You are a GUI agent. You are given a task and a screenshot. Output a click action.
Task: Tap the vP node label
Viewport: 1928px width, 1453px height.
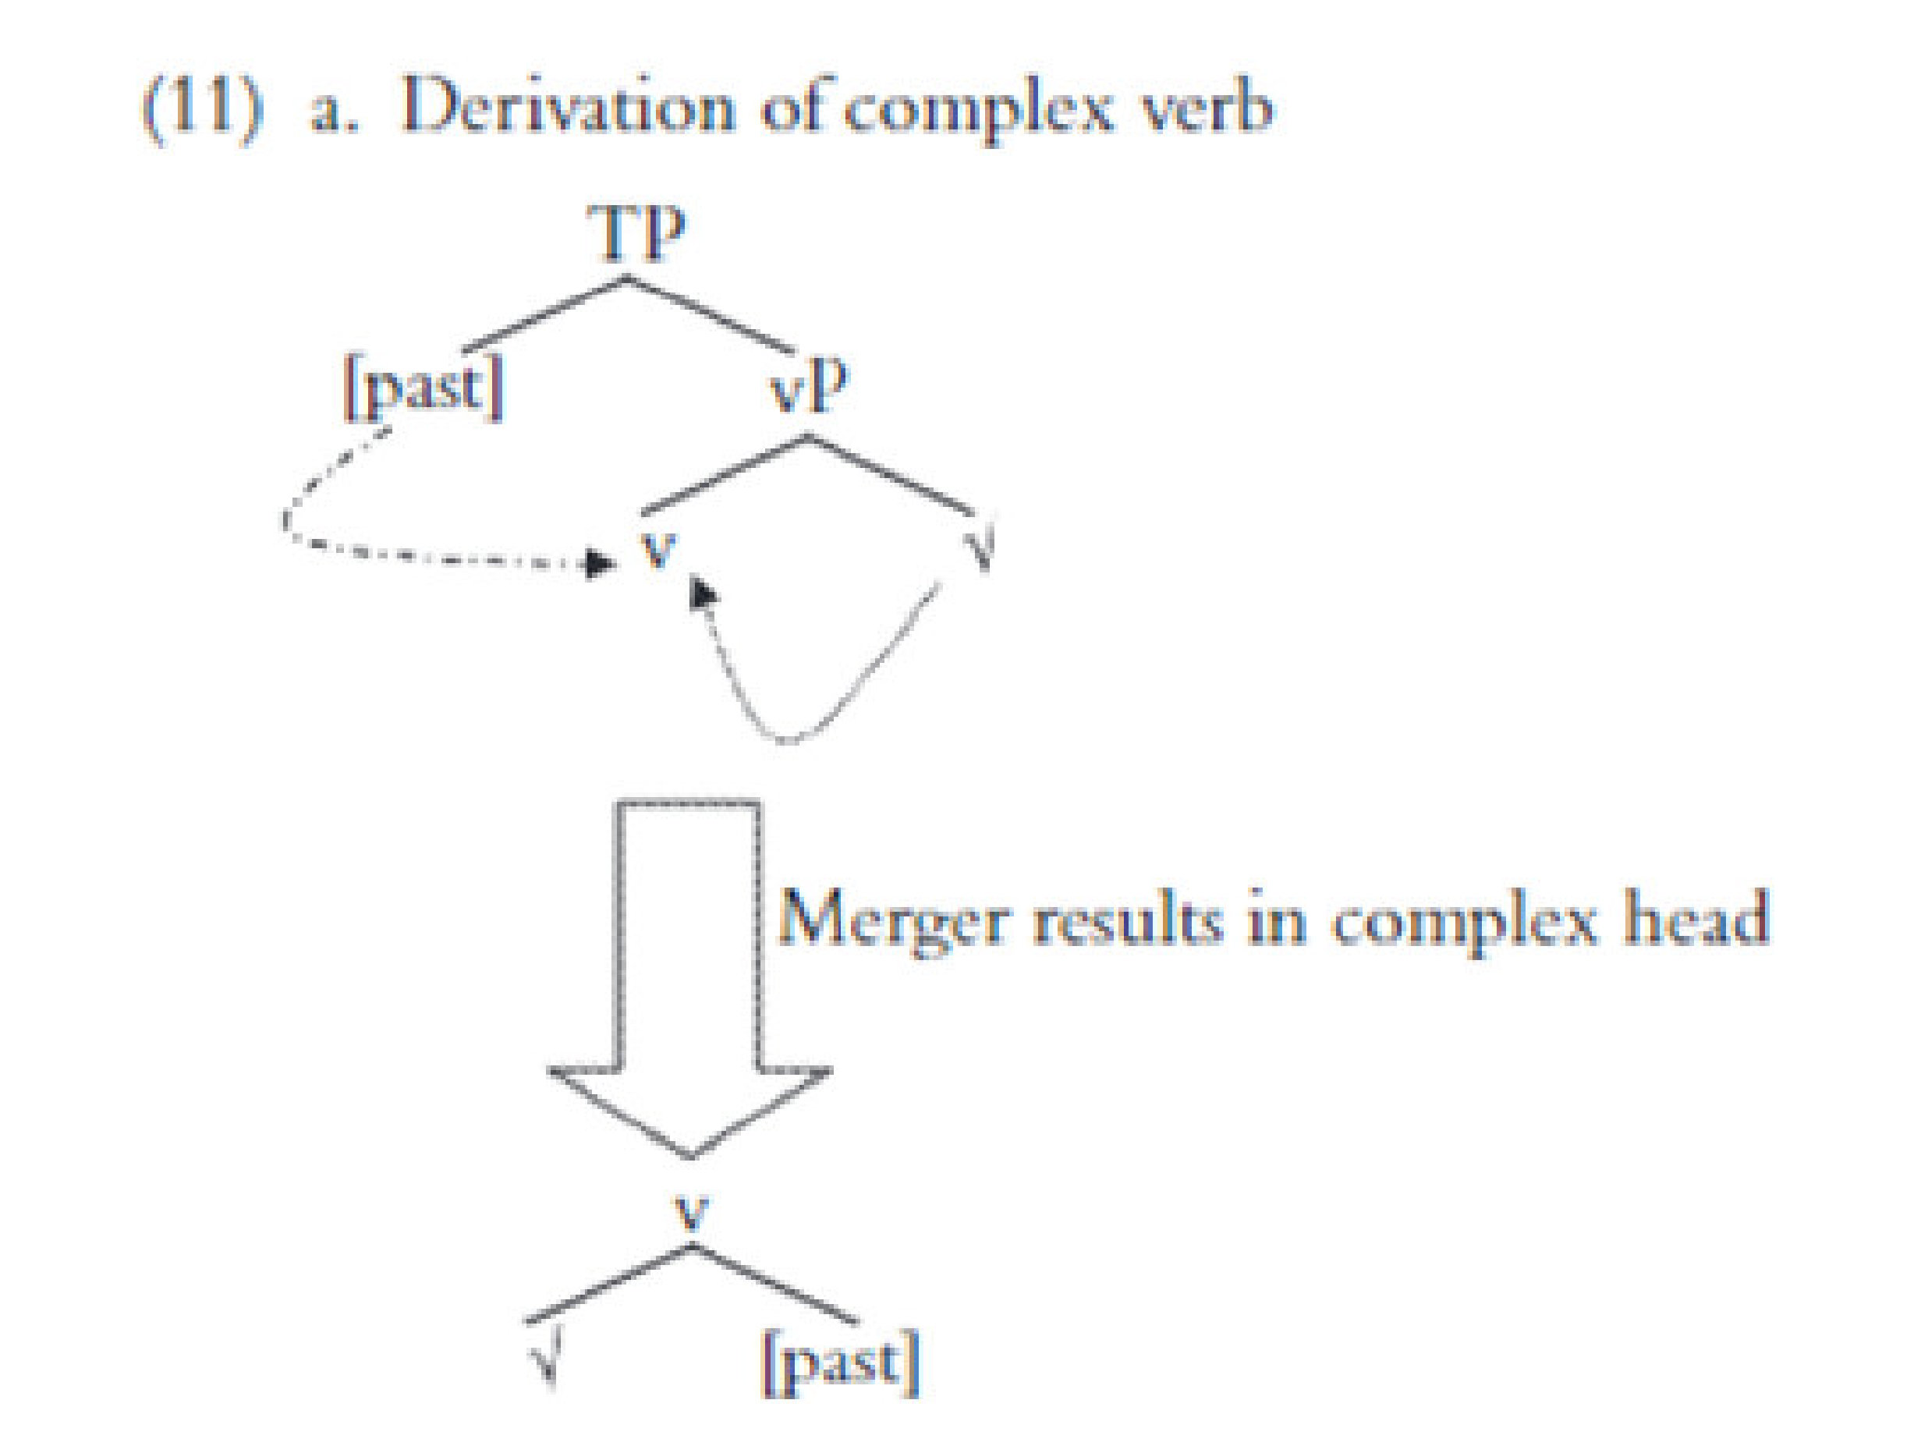tap(809, 388)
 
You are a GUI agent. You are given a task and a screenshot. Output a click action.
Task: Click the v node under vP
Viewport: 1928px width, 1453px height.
tap(658, 548)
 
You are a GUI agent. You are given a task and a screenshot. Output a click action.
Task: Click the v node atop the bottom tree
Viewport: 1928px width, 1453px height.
tap(692, 1211)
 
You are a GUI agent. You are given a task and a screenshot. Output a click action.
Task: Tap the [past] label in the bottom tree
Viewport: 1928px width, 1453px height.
tap(840, 1362)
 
